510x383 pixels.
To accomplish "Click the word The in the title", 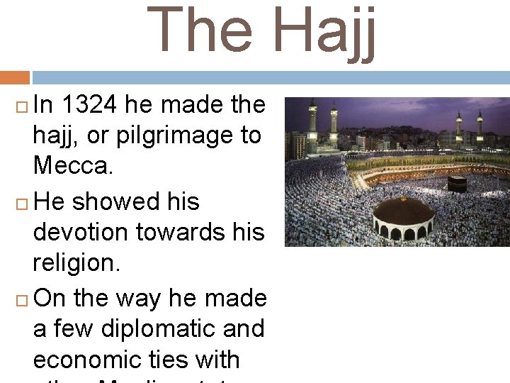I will (201, 31).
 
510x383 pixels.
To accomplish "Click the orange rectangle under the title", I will (15, 77).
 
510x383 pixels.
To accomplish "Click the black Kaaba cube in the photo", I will (457, 184).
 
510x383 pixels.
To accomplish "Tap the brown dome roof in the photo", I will (403, 212).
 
